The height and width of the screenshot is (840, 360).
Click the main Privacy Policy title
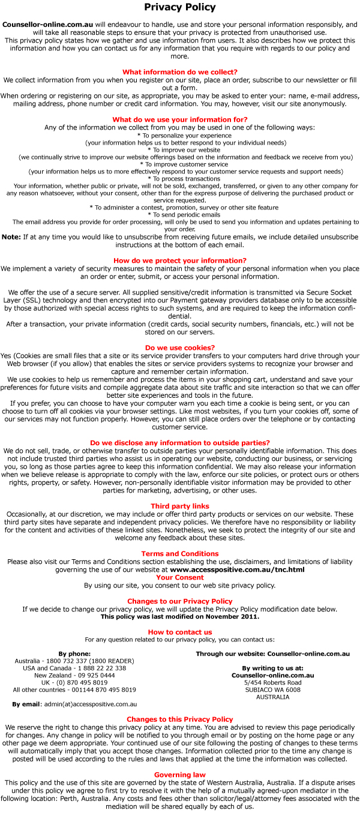click(x=180, y=8)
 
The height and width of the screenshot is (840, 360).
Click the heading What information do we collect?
click(x=180, y=72)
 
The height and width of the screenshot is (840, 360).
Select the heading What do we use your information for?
click(x=180, y=119)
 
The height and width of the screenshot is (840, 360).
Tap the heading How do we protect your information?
click(x=180, y=260)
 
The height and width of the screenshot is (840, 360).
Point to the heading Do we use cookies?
click(x=180, y=347)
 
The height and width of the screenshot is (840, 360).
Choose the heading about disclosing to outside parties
click(x=180, y=443)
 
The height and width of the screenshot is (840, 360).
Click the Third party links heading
click(x=180, y=506)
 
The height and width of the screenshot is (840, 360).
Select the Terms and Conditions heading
click(x=180, y=554)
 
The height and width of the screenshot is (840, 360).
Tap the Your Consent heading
click(x=180, y=577)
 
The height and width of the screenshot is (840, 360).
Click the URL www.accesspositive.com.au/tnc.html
click(x=237, y=569)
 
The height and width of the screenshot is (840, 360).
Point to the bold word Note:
click(x=11, y=237)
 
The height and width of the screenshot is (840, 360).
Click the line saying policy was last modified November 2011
click(x=180, y=616)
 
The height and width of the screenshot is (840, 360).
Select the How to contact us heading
click(x=180, y=632)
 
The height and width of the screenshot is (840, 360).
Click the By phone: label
click(x=74, y=653)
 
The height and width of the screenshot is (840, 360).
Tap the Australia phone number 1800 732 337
click(x=96, y=661)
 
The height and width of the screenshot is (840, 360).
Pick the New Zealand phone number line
click(x=74, y=675)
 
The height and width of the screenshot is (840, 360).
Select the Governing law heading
click(x=180, y=775)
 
